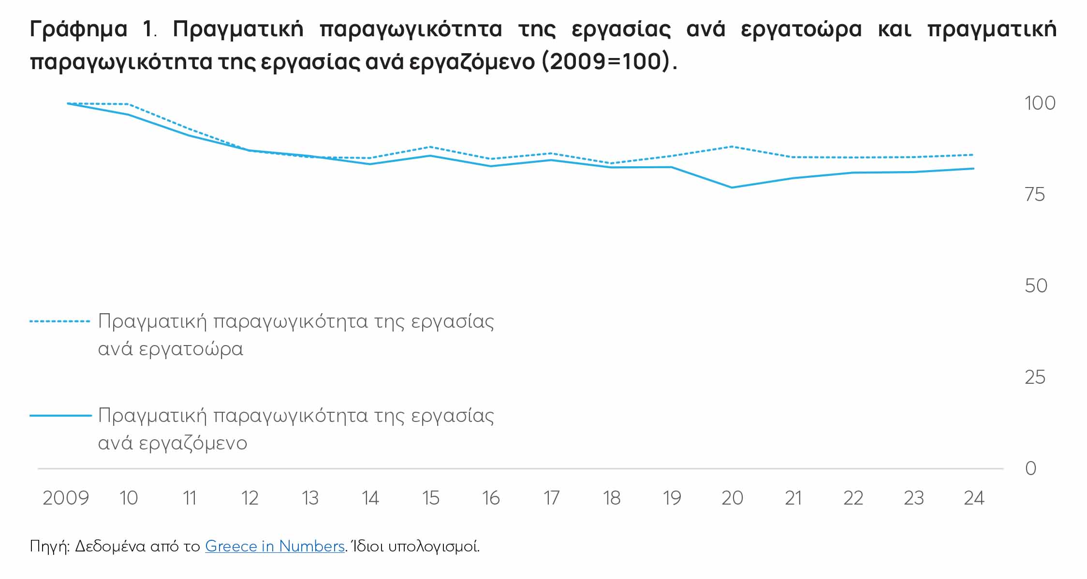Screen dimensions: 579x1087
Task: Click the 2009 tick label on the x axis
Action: pos(66,498)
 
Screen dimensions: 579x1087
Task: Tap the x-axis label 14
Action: pos(370,498)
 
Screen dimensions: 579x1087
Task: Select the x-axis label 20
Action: pos(732,498)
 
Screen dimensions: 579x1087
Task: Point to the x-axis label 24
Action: pos(974,498)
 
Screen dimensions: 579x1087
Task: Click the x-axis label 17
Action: pos(551,498)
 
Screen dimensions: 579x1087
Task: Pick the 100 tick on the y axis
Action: pos(1040,103)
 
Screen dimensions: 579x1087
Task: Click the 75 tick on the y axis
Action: pos(1035,195)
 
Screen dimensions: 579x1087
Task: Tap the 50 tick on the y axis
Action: pos(1036,286)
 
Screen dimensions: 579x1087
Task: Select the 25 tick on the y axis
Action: pos(1035,377)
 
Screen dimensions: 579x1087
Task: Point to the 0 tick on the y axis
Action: pos(1030,468)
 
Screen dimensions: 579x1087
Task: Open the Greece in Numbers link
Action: pos(275,546)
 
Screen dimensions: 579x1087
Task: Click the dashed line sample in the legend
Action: pos(60,321)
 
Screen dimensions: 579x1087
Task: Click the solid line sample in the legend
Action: pos(60,415)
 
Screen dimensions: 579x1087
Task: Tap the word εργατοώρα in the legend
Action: pos(191,349)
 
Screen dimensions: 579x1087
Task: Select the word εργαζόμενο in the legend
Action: pos(193,443)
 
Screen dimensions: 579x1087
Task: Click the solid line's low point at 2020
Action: pos(732,188)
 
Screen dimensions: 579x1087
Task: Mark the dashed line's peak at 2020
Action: pos(732,146)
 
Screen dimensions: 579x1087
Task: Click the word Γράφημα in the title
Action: pos(78,30)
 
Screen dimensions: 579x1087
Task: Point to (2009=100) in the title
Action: pos(608,62)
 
